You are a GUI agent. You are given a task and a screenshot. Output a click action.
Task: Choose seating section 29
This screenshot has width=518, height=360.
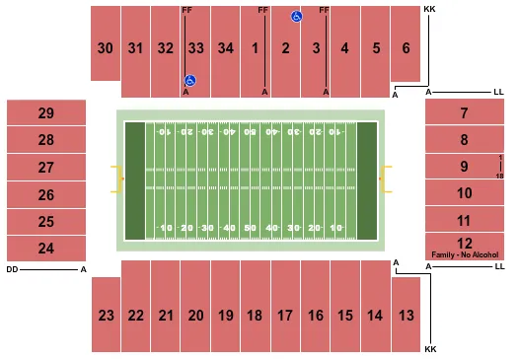[45, 113]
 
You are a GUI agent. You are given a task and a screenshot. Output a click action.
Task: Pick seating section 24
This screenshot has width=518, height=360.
[45, 248]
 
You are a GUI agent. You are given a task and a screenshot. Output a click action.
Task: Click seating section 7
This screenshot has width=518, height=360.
[464, 113]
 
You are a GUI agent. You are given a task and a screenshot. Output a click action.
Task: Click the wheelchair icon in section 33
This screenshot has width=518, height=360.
[189, 80]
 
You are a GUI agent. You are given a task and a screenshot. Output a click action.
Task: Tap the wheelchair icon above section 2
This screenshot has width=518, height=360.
[295, 16]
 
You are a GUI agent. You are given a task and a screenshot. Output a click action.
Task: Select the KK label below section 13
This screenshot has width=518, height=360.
[429, 350]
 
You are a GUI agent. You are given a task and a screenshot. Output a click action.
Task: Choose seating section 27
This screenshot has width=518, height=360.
[45, 168]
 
